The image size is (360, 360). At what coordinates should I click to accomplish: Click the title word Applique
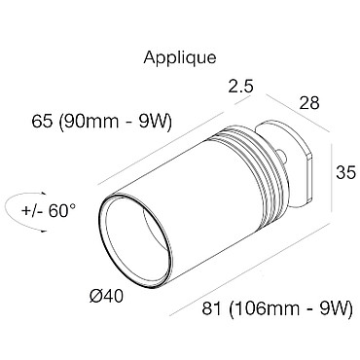(x=180, y=58)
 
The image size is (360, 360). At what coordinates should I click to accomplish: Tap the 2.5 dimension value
(x=240, y=87)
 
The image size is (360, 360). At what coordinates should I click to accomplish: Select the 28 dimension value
(x=309, y=103)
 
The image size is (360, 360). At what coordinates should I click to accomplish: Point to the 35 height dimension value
(x=345, y=172)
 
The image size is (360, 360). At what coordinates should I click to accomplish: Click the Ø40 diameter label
(x=106, y=296)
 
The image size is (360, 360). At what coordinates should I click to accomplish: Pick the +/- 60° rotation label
(x=49, y=211)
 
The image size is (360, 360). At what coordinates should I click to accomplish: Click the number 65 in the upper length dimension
(x=42, y=122)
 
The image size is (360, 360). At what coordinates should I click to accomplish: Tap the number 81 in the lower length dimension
(x=212, y=308)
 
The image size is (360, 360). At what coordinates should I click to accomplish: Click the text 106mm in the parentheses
(x=269, y=308)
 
